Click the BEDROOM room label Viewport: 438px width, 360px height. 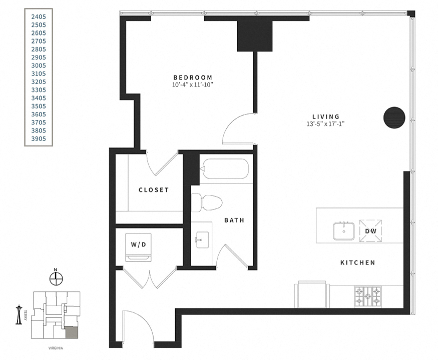pos(193,77)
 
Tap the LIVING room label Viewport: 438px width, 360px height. pos(325,116)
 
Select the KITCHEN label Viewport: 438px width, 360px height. pos(357,262)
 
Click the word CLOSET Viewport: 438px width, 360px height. pos(154,190)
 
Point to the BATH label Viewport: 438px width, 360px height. pos(234,219)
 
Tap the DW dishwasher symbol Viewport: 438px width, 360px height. pos(370,230)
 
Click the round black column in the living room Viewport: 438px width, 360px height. pos(394,117)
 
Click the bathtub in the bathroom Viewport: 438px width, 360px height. pos(224,169)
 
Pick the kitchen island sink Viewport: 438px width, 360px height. pos(344,230)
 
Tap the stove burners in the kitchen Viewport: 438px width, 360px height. pos(367,297)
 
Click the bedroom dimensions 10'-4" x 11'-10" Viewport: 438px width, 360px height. pos(193,85)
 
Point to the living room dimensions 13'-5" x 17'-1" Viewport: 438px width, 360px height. pos(325,124)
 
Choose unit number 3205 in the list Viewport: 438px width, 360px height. pos(39,81)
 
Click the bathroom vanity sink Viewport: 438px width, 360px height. pos(202,239)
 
